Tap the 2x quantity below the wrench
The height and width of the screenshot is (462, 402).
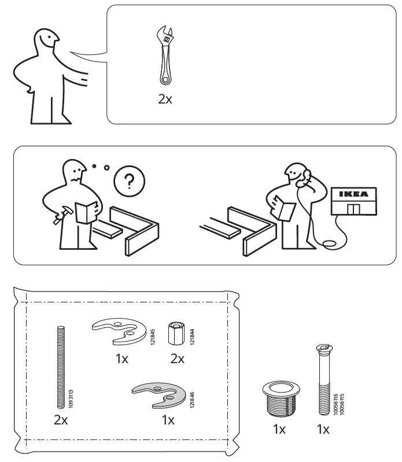tap(165, 99)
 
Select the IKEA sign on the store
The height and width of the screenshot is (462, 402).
tap(352, 194)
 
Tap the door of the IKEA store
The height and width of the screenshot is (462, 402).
tap(352, 209)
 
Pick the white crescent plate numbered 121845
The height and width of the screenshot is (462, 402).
tap(118, 332)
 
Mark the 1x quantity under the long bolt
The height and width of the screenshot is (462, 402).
tap(323, 430)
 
